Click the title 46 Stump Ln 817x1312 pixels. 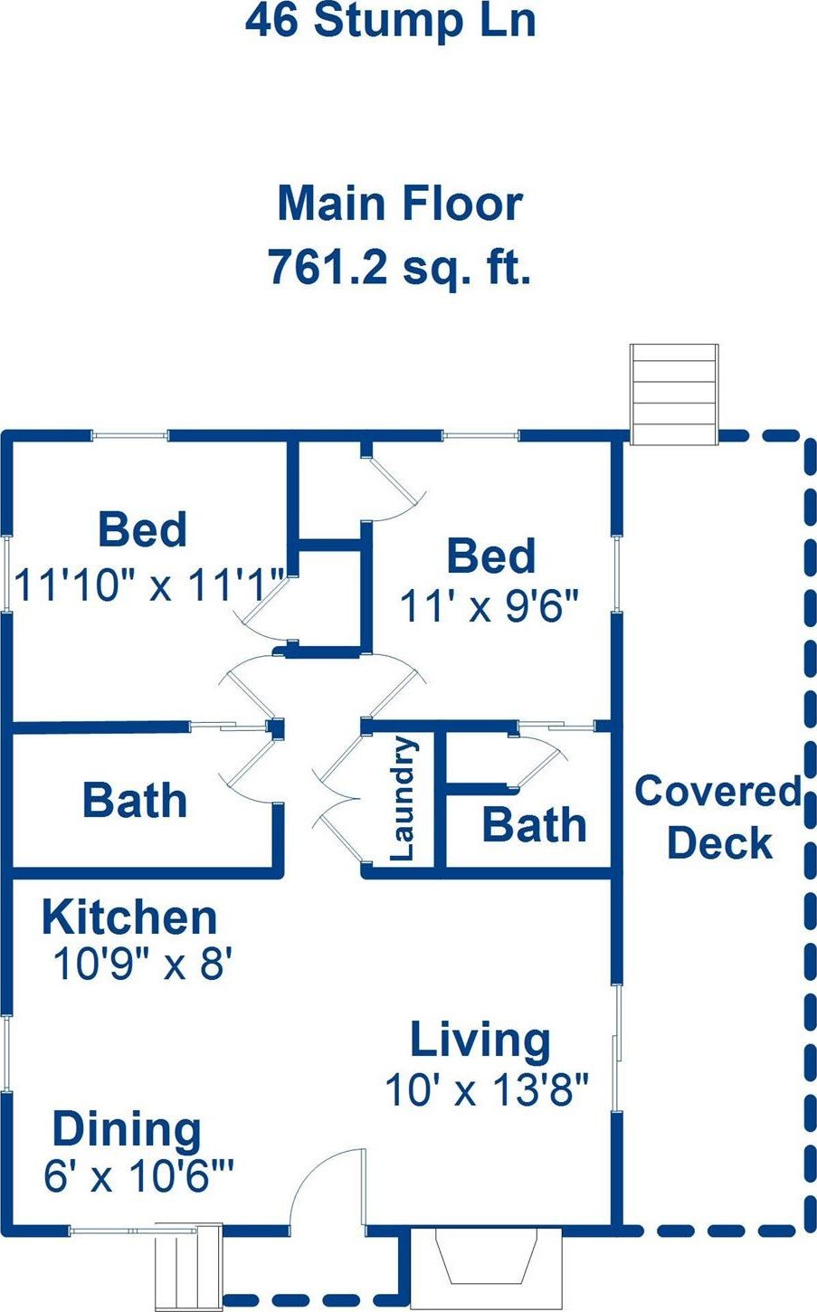391,22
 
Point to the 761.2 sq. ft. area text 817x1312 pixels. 400,267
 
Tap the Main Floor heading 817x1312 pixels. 400,203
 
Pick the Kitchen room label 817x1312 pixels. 129,917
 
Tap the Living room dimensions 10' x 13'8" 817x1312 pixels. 486,1090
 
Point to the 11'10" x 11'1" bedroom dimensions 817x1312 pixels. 150,585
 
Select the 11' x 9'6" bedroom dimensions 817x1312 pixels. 489,605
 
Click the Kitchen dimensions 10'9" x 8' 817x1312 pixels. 143,964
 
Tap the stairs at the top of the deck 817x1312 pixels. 674,395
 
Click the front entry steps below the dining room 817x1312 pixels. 188,1268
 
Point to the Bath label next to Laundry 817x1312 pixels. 534,824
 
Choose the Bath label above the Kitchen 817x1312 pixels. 135,800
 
